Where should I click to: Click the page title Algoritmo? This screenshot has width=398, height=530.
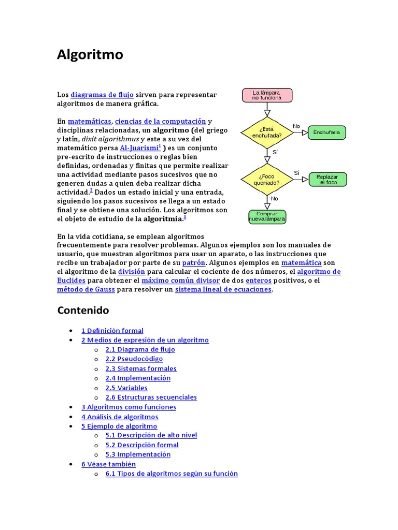90,54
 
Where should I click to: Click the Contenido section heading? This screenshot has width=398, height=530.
83,311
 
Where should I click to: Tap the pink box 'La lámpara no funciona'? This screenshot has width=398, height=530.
267,95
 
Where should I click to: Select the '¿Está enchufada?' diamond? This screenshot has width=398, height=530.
267,132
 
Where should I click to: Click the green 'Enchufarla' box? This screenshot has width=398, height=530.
326,132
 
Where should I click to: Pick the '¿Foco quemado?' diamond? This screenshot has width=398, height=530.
267,180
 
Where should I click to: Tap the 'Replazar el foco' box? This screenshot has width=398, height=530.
328,180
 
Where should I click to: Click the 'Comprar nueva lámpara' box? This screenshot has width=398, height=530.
267,216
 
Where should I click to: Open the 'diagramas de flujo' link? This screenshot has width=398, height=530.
102,95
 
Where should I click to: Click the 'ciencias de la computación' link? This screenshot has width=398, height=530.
160,121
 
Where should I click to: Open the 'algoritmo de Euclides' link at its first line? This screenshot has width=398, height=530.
319,272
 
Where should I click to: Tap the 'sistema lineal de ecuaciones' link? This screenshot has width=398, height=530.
223,289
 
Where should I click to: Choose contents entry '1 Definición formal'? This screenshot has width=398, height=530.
112,331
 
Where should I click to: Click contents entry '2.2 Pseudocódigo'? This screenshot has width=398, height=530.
134,359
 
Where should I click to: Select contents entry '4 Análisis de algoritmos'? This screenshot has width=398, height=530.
120,417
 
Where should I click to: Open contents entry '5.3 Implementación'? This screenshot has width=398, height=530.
138,454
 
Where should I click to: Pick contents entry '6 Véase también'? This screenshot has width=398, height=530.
108,464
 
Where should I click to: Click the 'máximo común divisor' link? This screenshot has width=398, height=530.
181,281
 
